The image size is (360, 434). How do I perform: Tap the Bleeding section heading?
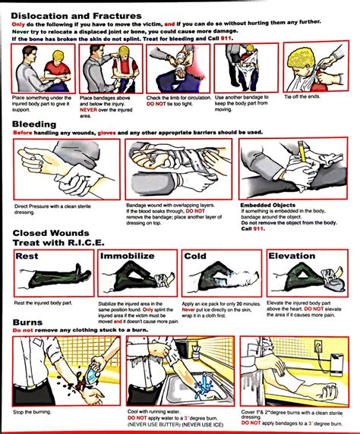click(x=35, y=123)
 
